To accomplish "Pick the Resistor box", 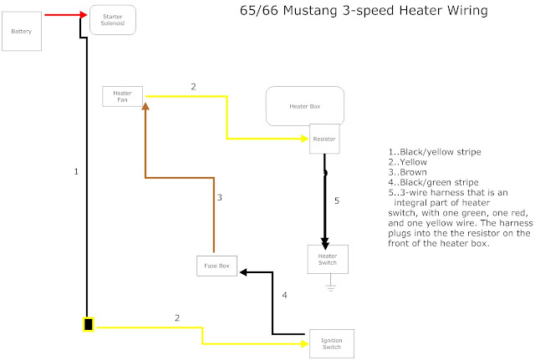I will point(324,139).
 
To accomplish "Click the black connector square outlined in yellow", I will point(88,324).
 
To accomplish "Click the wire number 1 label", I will point(75,171).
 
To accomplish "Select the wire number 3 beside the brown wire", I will point(219,198).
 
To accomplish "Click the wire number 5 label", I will point(338,200).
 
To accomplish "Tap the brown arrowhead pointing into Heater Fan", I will point(145,105).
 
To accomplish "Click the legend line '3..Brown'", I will point(408,173).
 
